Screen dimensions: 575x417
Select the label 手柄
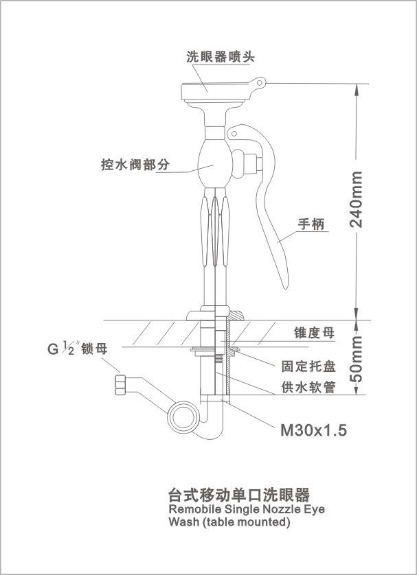click(311, 224)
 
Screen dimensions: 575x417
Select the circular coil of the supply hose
click(183, 415)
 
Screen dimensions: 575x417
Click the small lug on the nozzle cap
click(258, 82)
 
